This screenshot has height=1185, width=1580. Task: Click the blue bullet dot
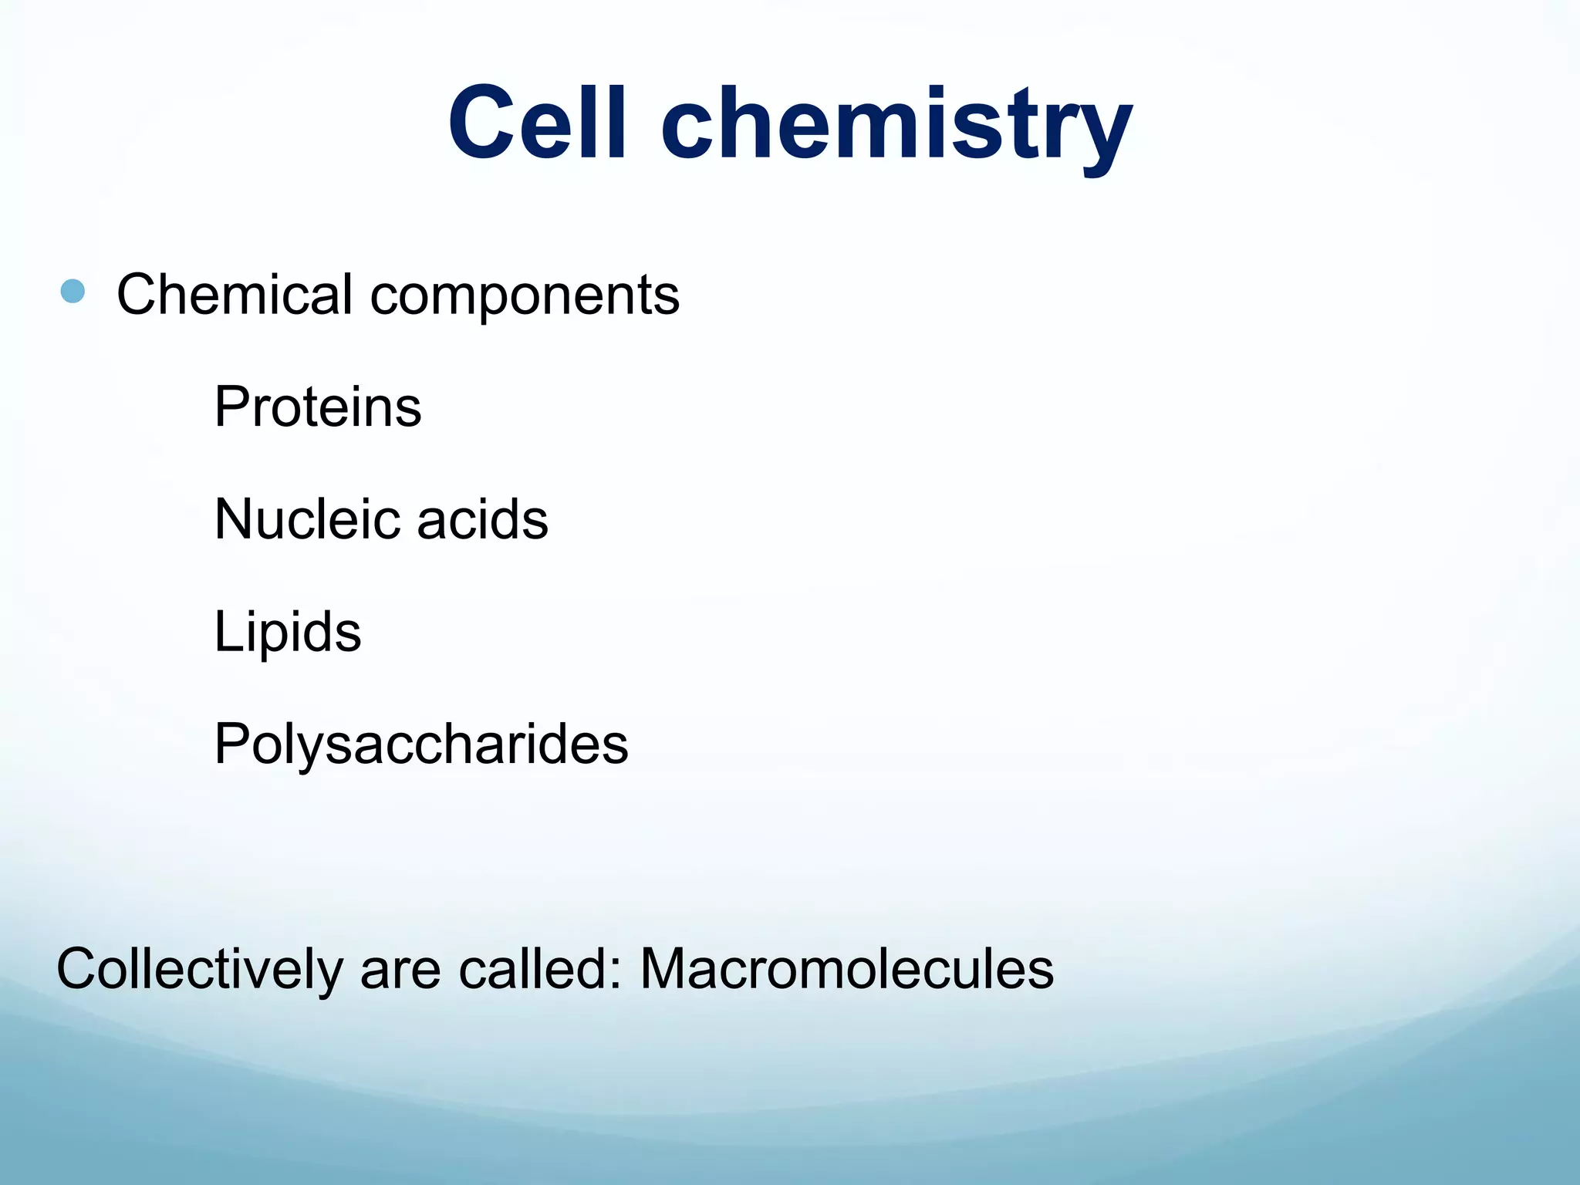73,292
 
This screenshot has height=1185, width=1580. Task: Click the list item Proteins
317,407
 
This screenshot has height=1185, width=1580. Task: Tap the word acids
482,518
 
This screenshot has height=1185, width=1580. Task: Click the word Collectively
200,969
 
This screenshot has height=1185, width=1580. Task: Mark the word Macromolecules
846,969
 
